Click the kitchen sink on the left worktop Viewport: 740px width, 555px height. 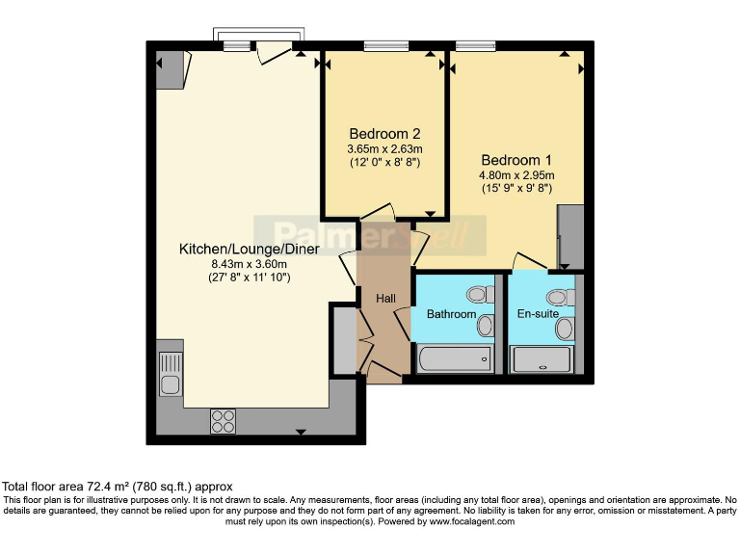point(170,375)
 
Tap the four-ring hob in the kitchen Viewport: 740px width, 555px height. point(224,420)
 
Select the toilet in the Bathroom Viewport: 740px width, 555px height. point(477,294)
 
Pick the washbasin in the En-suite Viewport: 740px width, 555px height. point(564,329)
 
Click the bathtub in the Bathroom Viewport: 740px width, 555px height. point(453,360)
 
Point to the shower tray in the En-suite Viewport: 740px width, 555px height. point(542,360)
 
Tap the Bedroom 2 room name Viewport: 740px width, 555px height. point(384,134)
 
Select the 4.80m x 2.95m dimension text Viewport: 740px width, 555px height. point(516,175)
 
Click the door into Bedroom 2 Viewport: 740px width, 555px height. point(377,212)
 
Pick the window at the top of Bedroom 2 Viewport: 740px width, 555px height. point(385,45)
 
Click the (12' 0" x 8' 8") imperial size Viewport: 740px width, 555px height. point(384,163)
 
